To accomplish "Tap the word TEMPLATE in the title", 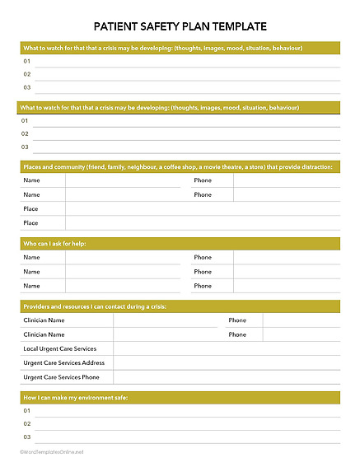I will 238,26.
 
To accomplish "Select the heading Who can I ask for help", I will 54,244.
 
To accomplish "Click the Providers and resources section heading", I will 95,306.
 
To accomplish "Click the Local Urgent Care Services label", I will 60,348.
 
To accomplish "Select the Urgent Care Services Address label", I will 64,362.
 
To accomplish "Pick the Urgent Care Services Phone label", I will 62,377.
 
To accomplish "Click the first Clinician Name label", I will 44,320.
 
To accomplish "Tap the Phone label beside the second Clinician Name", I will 237,334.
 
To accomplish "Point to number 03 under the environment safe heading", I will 27,437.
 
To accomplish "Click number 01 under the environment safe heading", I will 27,410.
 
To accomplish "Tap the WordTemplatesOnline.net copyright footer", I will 52,452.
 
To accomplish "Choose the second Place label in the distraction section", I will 30,223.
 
